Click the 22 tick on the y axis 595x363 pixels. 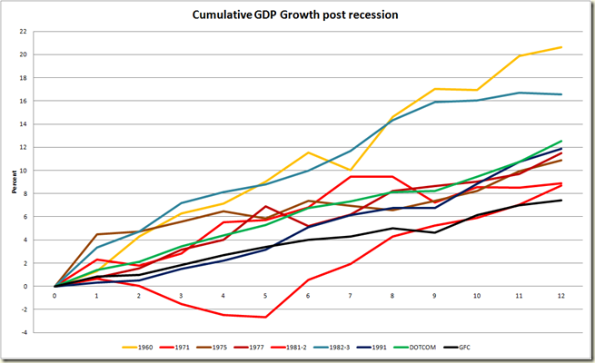tap(36, 31)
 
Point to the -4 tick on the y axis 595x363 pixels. tap(36, 332)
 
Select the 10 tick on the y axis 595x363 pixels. tap(36, 170)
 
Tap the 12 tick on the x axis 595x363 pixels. tap(560, 295)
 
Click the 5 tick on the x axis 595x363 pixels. tap(265, 295)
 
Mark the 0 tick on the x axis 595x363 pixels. tap(55, 295)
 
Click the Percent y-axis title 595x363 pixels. tap(15, 181)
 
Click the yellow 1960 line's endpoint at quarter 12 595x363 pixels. tap(560, 47)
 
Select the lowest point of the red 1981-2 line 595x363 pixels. tap(265, 317)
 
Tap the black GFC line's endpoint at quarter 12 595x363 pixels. tap(560, 201)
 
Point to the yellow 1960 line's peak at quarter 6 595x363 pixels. tap(307, 152)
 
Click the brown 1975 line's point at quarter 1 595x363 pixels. tap(96, 234)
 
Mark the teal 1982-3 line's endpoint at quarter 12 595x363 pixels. tap(560, 94)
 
